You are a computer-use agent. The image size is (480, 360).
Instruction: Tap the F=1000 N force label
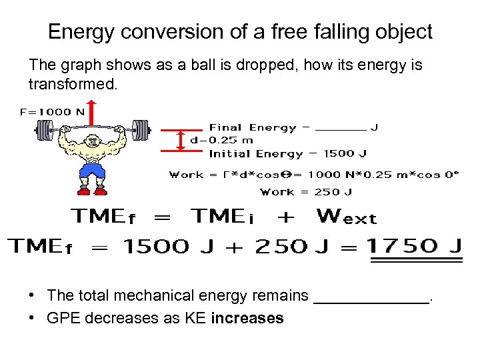pos(53,112)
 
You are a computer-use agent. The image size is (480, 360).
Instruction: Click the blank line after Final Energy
pos(340,128)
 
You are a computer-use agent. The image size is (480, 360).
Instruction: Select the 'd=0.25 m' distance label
pos(221,140)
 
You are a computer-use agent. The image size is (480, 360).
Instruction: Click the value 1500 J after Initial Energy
pos(345,153)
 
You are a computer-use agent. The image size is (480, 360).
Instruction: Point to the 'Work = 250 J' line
pos(306,192)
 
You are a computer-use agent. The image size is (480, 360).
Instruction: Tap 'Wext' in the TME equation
pos(347,217)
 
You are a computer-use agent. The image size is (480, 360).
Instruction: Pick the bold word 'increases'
pos(247,318)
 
